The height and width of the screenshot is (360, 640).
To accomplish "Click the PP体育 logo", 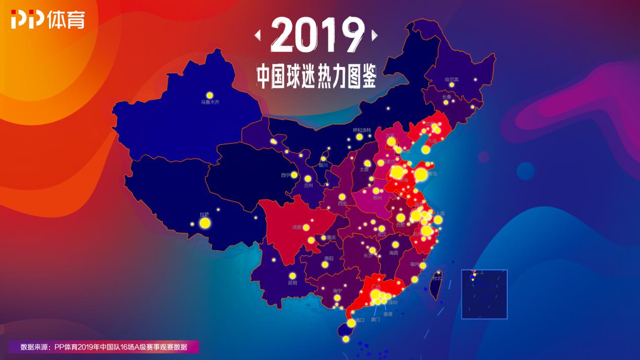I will click(47, 20).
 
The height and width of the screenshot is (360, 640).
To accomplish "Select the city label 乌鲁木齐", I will click(210, 102).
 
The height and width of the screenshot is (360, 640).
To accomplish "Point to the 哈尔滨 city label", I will click(451, 79).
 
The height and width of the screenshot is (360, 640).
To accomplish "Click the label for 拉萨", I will click(204, 214).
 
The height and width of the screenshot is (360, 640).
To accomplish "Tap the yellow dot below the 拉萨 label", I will click(205, 223).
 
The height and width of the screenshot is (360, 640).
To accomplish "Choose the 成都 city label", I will click(297, 227).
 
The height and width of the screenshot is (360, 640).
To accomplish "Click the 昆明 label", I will click(292, 283).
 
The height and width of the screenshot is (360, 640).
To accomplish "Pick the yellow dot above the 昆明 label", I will click(292, 276).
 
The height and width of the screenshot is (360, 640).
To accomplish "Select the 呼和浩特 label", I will click(362, 130).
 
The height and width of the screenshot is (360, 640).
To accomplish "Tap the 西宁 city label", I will click(285, 175).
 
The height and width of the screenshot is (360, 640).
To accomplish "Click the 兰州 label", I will click(308, 185).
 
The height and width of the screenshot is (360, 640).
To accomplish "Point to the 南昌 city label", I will click(393, 252).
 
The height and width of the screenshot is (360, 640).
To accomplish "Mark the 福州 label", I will click(415, 264).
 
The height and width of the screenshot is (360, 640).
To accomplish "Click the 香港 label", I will click(387, 314).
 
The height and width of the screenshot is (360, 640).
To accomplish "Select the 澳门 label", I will click(375, 320).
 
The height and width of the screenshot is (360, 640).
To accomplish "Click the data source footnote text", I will click(104, 347).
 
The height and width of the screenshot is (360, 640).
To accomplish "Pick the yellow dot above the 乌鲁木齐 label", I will click(210, 95).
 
